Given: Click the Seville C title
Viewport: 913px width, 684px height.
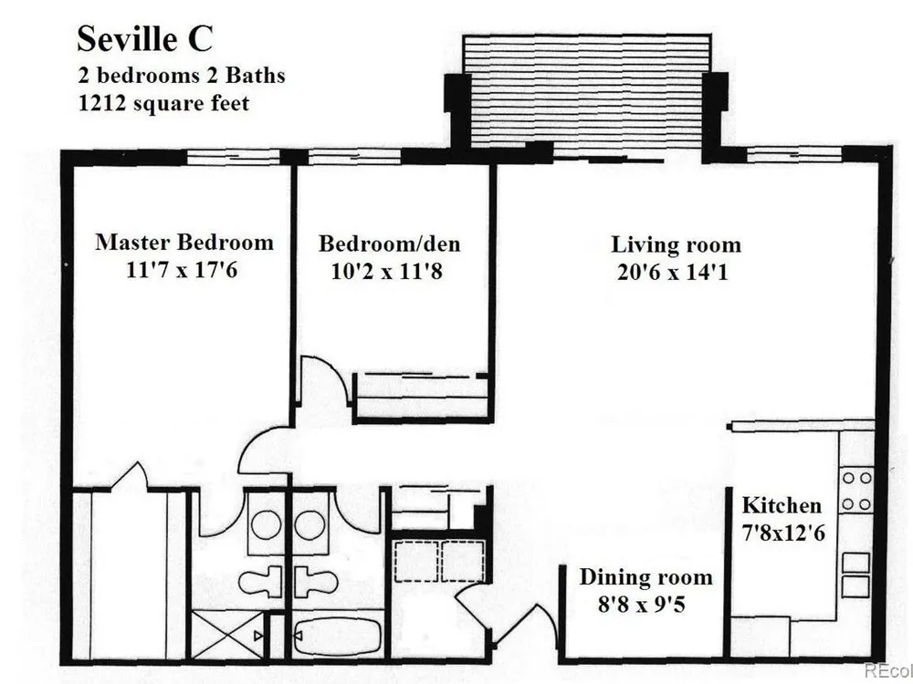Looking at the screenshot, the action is [145, 39].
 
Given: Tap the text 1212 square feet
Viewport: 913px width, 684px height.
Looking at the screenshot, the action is [163, 104].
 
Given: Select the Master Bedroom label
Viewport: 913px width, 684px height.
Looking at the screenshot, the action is [184, 242].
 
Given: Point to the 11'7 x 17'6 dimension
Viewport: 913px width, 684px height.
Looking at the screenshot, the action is [182, 269].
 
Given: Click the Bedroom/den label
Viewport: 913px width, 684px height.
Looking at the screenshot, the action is [389, 244].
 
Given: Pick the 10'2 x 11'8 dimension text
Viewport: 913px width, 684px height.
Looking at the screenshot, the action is [386, 271].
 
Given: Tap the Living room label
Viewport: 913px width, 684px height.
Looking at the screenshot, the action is [676, 244].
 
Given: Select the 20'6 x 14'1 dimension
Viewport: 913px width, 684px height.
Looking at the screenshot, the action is [673, 272].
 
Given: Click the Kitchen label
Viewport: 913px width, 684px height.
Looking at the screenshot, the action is [782, 505].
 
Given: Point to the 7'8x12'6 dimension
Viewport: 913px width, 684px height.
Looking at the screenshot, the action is [783, 533].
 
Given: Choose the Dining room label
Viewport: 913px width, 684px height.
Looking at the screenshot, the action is [645, 577].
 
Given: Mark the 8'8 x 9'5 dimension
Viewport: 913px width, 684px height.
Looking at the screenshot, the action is [642, 605].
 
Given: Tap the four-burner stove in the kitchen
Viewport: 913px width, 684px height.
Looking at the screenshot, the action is [857, 491].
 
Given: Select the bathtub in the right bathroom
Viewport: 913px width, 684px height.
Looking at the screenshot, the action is [338, 636].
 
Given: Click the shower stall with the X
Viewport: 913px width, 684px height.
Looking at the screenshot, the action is [228, 635].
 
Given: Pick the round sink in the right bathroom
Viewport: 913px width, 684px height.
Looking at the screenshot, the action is [310, 525].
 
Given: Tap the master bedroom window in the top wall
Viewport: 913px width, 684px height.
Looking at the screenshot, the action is [234, 157].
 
